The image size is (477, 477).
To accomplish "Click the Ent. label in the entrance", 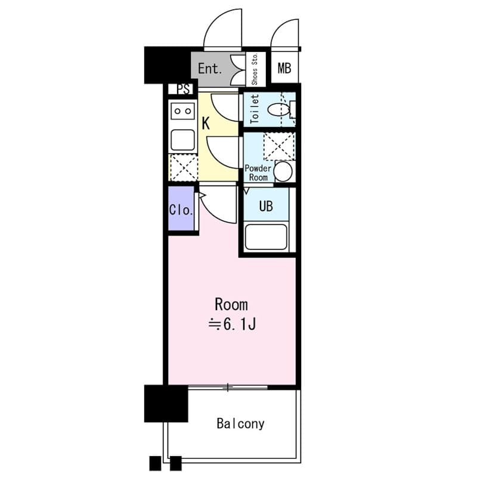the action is tap(210, 69).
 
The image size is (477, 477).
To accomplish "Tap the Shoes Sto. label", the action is tap(255, 69).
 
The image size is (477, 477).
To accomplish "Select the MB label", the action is tap(284, 68).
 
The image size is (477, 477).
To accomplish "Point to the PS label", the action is tap(184, 89).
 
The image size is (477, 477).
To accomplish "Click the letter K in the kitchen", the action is tap(206, 123).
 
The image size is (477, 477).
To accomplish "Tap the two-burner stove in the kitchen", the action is tap(183, 111).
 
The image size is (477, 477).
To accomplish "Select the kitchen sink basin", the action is tap(183, 140).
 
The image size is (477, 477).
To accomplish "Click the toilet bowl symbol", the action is tap(278, 110).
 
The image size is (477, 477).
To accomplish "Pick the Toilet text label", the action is tap(255, 109).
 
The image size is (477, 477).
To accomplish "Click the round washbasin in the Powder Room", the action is tap(283, 171).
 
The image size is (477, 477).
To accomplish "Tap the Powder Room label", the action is tap(258, 173).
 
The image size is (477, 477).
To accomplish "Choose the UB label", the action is tap(266, 206).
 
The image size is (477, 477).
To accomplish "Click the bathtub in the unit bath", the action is tap(266, 237).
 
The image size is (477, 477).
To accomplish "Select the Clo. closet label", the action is tap(181, 210).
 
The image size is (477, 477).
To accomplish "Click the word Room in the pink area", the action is tap(231, 305).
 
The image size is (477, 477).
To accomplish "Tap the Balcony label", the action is tap(240, 423).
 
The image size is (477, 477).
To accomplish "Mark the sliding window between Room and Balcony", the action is tap(228, 388).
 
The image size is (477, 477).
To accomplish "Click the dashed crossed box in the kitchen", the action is tap(184, 168).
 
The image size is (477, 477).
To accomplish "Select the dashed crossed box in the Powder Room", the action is tap(279, 146).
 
